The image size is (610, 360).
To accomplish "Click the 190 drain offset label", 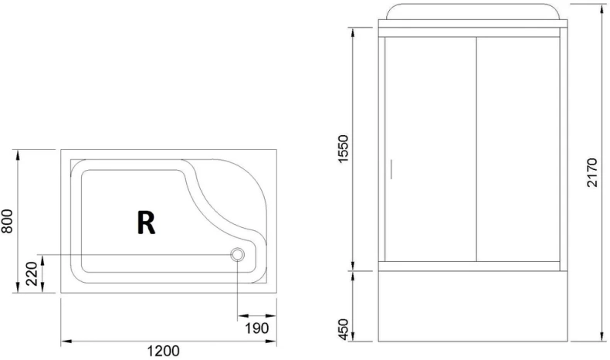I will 257,328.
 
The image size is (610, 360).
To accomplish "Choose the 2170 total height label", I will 591,175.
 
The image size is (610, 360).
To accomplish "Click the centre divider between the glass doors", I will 474,151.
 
